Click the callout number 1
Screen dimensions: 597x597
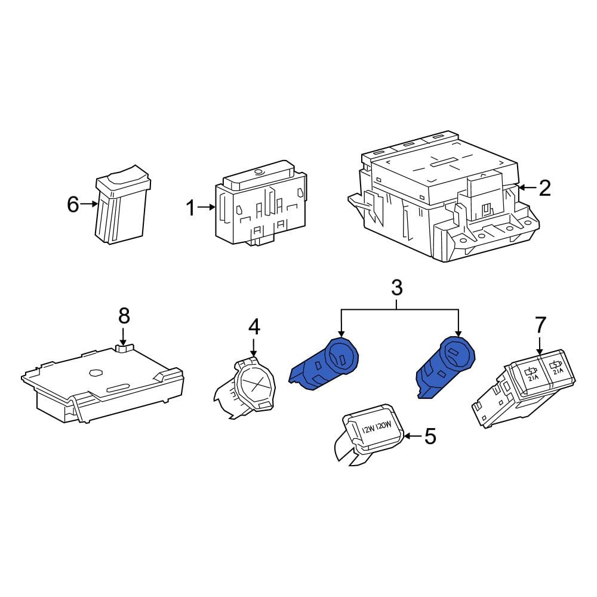coord(191,208)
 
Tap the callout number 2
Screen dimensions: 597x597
coord(545,187)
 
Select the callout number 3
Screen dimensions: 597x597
coord(397,288)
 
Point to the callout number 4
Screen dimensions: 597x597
coord(254,327)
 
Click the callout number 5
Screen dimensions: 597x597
coord(430,436)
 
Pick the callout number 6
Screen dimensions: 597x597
coord(73,204)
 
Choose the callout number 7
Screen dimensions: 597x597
coord(541,325)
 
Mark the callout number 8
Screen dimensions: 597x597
coord(124,316)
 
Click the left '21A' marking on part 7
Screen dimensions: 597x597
coord(533,378)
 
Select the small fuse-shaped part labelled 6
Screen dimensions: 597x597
coord(122,205)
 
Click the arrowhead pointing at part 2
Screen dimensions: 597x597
coord(521,187)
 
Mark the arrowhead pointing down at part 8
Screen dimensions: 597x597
coord(123,342)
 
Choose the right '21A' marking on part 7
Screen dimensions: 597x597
coord(558,371)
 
